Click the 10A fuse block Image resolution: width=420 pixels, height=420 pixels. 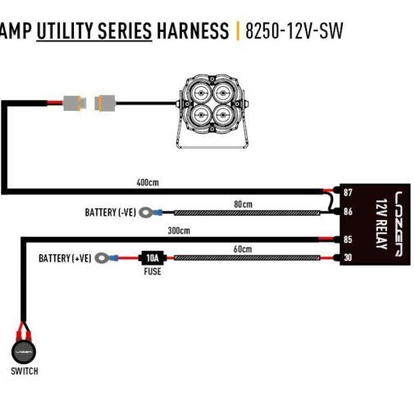point(153,258)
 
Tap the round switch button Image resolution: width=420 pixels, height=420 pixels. point(24,352)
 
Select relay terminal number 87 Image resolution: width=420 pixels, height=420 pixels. point(348,193)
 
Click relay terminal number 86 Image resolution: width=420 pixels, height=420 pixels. point(348,212)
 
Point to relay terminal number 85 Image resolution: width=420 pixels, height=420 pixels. point(348,240)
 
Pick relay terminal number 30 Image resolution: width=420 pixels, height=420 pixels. point(348,258)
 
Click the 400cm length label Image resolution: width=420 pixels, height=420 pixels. point(148,182)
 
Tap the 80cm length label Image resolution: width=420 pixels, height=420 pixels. point(243,204)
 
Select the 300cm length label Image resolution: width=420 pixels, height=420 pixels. point(179,231)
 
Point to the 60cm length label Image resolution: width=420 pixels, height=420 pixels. point(243,249)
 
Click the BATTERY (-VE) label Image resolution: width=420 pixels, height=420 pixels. point(111,212)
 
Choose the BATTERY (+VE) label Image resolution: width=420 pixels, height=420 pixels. point(65,258)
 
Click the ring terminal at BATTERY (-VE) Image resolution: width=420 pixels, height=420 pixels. point(146,212)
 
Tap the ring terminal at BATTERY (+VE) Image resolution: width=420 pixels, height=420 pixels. point(102,258)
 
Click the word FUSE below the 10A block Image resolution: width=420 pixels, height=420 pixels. point(153,272)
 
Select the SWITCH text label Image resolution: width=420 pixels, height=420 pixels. point(25,371)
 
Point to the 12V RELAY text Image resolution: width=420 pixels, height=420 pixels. point(381,224)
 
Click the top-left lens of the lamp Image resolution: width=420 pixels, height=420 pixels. point(201,94)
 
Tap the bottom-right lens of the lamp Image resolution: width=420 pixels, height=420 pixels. point(223,115)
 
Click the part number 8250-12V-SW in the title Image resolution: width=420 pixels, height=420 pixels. point(294,31)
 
